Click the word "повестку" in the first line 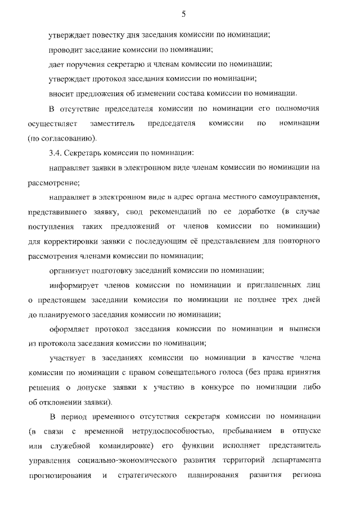(100, 35)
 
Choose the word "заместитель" (108, 123)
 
